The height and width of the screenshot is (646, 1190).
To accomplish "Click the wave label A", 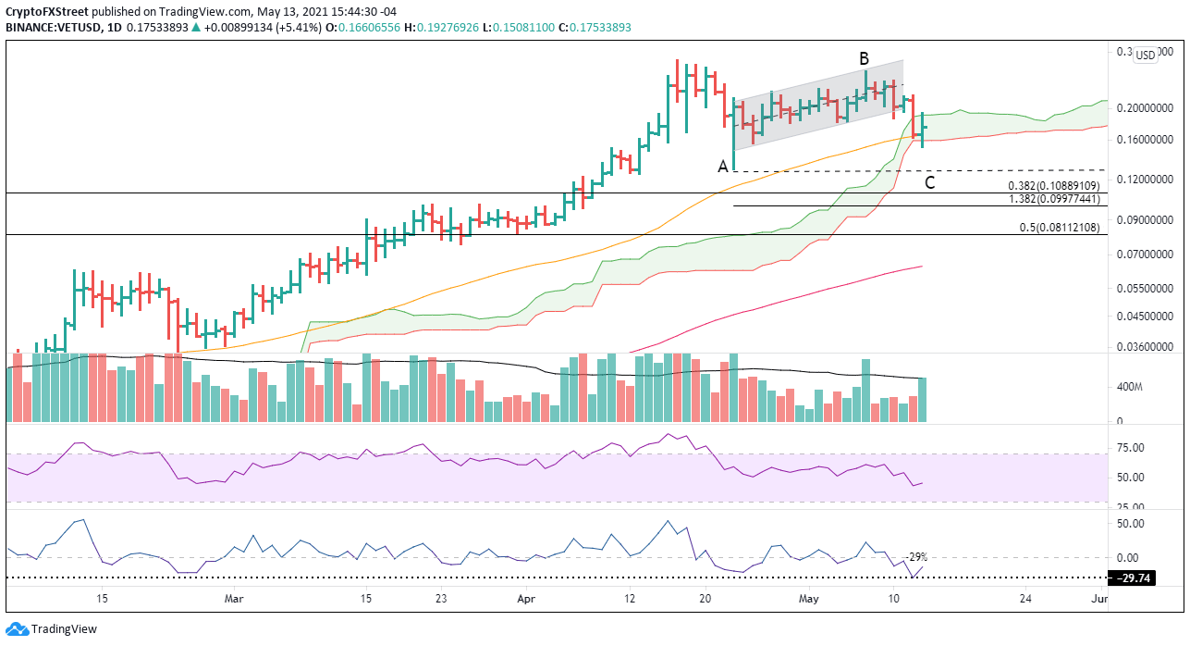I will [722, 167].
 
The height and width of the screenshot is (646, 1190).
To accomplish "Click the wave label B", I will [864, 59].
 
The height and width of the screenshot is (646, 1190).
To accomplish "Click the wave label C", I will [930, 182].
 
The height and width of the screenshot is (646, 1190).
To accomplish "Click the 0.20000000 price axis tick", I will [1146, 108].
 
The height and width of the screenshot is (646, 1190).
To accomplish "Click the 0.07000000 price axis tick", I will [1146, 254].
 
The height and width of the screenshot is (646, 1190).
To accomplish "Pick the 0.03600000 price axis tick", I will [1146, 347].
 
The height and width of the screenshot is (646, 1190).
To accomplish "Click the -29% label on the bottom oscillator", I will [916, 557].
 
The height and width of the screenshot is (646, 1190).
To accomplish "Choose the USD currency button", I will [1145, 55].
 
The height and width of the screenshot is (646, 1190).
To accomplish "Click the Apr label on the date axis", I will [525, 599].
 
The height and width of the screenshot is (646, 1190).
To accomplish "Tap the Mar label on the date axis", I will [234, 599].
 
